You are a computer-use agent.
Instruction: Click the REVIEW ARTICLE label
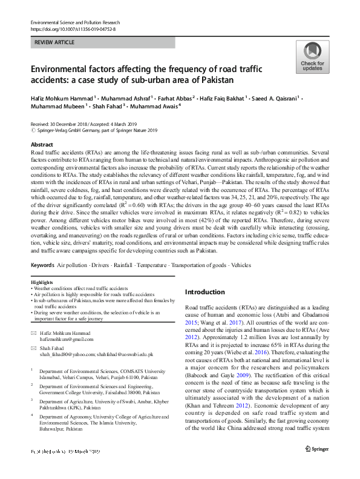tap(56, 42)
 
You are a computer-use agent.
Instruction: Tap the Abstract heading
tap(42, 145)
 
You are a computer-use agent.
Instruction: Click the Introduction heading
tap(205, 291)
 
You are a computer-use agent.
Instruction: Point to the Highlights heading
tap(41, 283)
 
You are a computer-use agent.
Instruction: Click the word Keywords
tap(42, 265)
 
